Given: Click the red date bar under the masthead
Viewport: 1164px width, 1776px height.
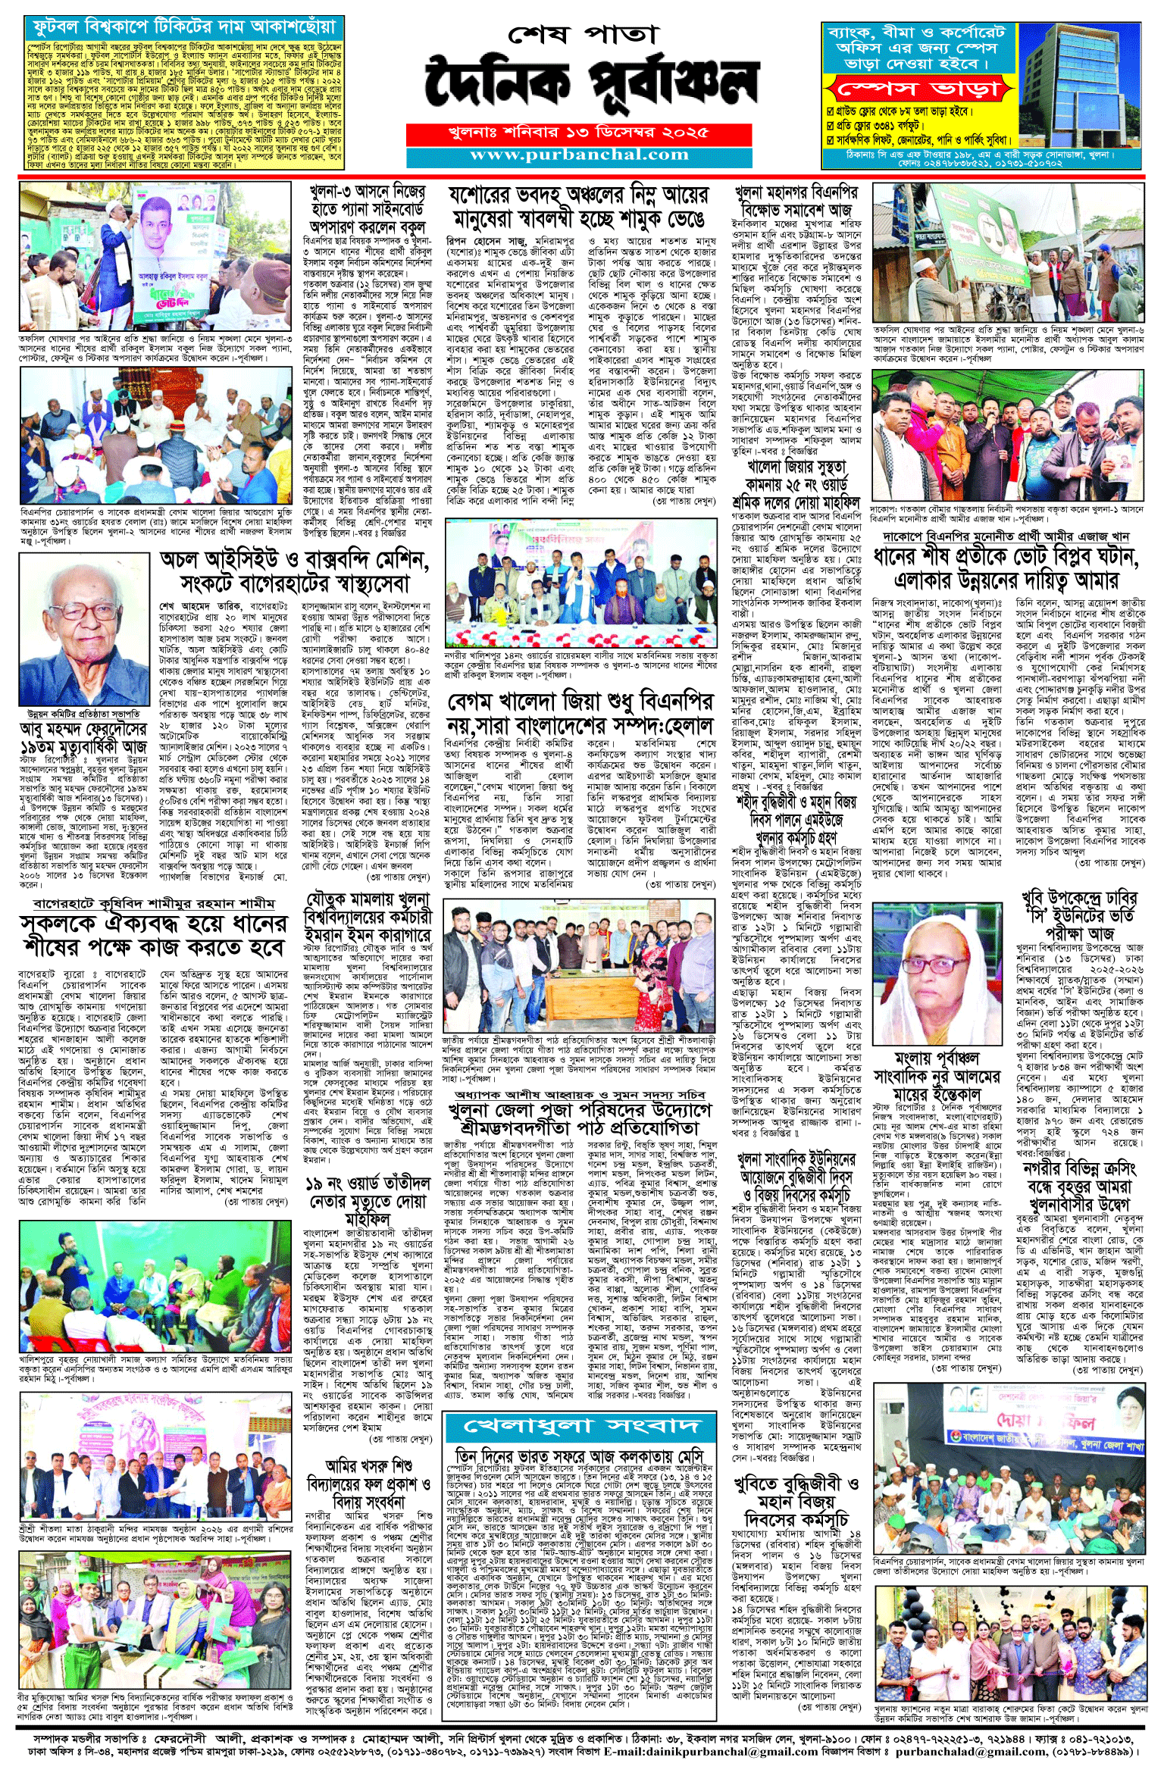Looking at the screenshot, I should coord(579,133).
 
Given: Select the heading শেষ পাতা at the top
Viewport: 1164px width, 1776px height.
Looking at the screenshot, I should coord(582,34).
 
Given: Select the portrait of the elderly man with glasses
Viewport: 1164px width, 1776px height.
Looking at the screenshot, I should coord(84,630).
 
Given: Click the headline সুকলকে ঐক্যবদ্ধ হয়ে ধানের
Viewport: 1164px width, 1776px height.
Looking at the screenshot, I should coord(154,935).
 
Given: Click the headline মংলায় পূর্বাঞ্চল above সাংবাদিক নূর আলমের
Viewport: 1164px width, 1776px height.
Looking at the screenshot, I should coord(936,1058).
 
